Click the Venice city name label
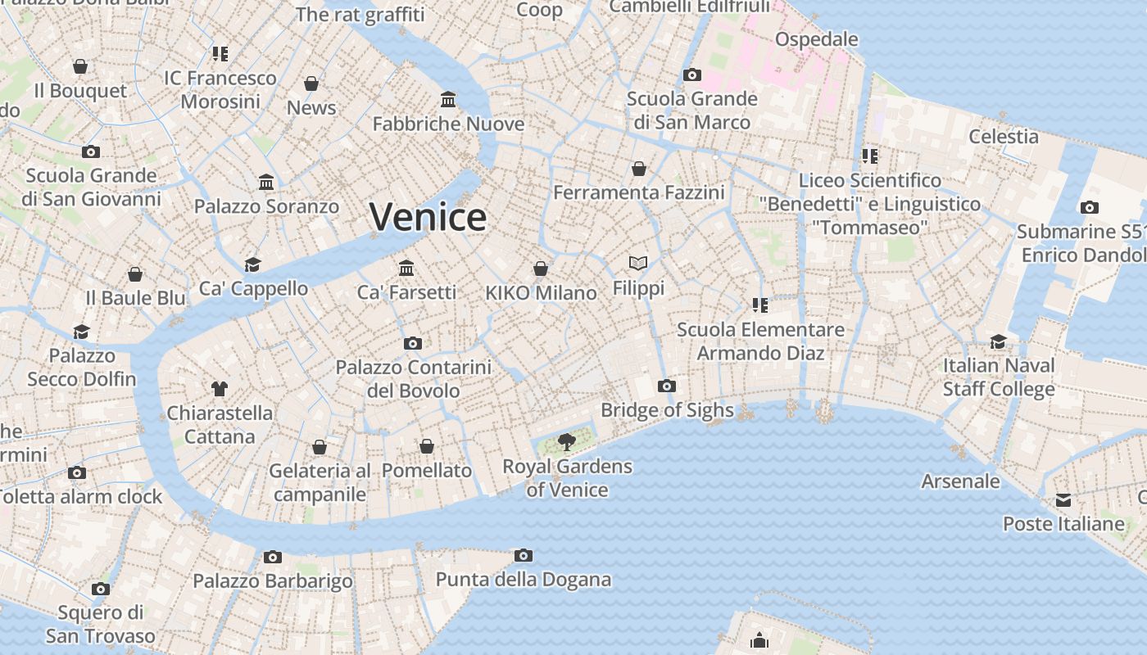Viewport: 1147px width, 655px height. pyautogui.click(x=428, y=217)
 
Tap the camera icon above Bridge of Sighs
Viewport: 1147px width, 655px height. pyautogui.click(x=667, y=386)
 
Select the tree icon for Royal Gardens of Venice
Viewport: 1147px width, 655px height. pyautogui.click(x=566, y=442)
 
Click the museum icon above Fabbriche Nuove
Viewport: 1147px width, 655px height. pyautogui.click(x=448, y=100)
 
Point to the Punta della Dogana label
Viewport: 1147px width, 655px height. pyautogui.click(x=523, y=580)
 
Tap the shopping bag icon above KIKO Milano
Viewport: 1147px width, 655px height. pyautogui.click(x=541, y=269)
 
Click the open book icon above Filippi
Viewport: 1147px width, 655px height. pyautogui.click(x=638, y=263)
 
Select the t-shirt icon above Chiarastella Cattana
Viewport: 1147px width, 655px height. pyautogui.click(x=219, y=388)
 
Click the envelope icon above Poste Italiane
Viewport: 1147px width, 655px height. pyautogui.click(x=1063, y=499)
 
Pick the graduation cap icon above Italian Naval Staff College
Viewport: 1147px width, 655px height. pyautogui.click(x=998, y=341)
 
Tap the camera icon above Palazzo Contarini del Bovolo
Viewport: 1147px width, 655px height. pyautogui.click(x=413, y=343)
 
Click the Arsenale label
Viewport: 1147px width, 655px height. pyautogui.click(x=960, y=481)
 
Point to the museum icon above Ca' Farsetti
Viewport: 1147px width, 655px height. pyautogui.click(x=406, y=268)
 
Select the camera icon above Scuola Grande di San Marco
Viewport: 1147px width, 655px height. pyautogui.click(x=692, y=75)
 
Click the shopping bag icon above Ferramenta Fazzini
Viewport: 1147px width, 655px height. pyautogui.click(x=639, y=169)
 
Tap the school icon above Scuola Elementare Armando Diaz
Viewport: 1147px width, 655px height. pyautogui.click(x=759, y=305)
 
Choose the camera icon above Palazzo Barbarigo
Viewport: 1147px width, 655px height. pyautogui.click(x=273, y=557)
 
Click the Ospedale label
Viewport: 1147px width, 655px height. pyautogui.click(x=816, y=39)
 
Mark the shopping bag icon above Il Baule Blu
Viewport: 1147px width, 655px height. pyautogui.click(x=135, y=274)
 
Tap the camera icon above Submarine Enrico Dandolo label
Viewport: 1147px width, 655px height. pyautogui.click(x=1089, y=207)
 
